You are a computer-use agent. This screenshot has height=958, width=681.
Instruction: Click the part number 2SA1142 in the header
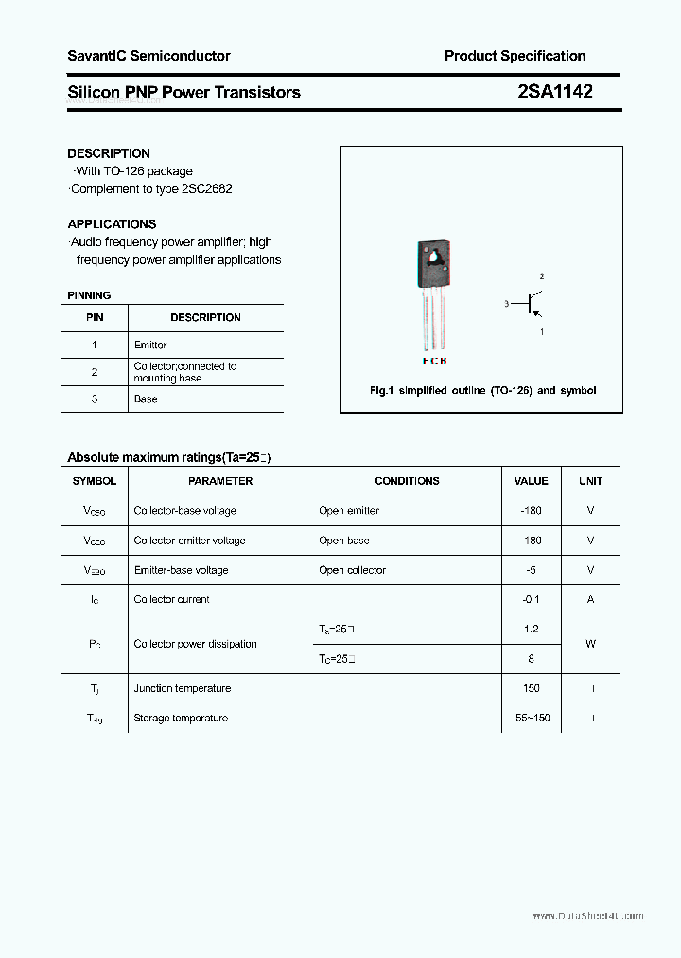click(555, 92)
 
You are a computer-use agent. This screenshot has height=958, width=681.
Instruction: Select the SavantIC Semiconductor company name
click(148, 56)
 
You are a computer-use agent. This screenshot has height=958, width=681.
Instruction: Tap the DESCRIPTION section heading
click(109, 153)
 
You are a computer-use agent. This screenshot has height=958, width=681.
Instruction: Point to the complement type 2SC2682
click(204, 188)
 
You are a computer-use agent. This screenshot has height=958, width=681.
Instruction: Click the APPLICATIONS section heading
click(112, 224)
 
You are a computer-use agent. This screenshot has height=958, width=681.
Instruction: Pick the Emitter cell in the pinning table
click(150, 345)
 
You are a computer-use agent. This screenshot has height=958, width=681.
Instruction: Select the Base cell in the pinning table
click(146, 399)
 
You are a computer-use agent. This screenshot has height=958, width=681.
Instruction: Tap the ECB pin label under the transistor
click(434, 361)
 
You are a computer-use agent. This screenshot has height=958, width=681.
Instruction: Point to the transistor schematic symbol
click(532, 305)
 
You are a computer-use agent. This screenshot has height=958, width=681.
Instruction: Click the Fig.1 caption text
click(482, 390)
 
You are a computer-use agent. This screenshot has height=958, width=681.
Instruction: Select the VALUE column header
click(531, 481)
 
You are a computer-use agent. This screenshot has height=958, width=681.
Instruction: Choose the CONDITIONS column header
click(407, 481)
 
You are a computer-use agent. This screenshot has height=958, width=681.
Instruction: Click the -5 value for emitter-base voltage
click(531, 570)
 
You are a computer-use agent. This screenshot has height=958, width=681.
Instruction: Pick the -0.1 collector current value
click(531, 599)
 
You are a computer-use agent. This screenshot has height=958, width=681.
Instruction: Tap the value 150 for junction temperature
click(531, 688)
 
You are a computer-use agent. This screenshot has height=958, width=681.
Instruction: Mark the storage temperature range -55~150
click(531, 718)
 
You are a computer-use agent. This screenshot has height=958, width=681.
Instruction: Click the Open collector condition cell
click(353, 570)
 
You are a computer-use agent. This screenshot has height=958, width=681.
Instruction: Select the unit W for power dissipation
click(590, 644)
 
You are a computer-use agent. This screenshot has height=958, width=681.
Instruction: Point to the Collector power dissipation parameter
click(195, 644)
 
